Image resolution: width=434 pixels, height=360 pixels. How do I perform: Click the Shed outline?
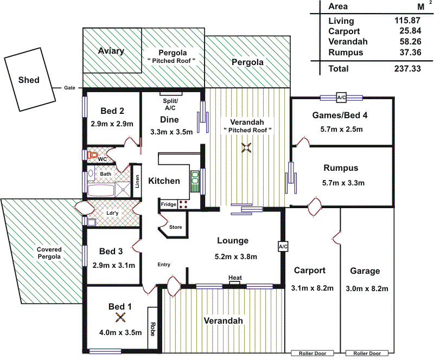[x=29, y=80]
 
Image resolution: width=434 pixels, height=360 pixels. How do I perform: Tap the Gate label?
[x=69, y=88]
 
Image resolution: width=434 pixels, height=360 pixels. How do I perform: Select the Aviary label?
[x=111, y=51]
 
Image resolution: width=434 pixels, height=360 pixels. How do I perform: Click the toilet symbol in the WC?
[x=93, y=155]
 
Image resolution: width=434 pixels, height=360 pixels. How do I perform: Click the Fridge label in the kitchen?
[x=168, y=204]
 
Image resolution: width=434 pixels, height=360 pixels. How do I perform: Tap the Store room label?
[x=175, y=227]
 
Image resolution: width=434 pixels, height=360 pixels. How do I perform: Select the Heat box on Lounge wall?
[x=235, y=279]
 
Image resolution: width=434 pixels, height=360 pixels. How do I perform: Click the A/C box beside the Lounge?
[x=283, y=247]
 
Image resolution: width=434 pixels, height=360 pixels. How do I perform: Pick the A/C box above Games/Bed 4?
[x=341, y=98]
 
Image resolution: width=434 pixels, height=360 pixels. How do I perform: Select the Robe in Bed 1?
[x=152, y=329]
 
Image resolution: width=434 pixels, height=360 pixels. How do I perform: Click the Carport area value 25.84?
[x=407, y=31]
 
